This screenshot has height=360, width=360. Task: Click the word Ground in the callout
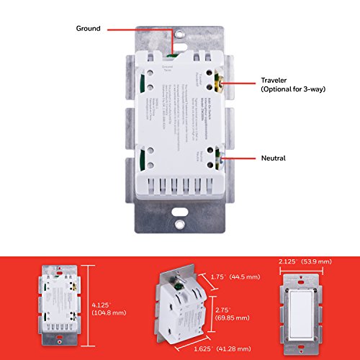click(x=89, y=29)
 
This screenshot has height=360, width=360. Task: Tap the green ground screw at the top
click(x=174, y=50)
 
